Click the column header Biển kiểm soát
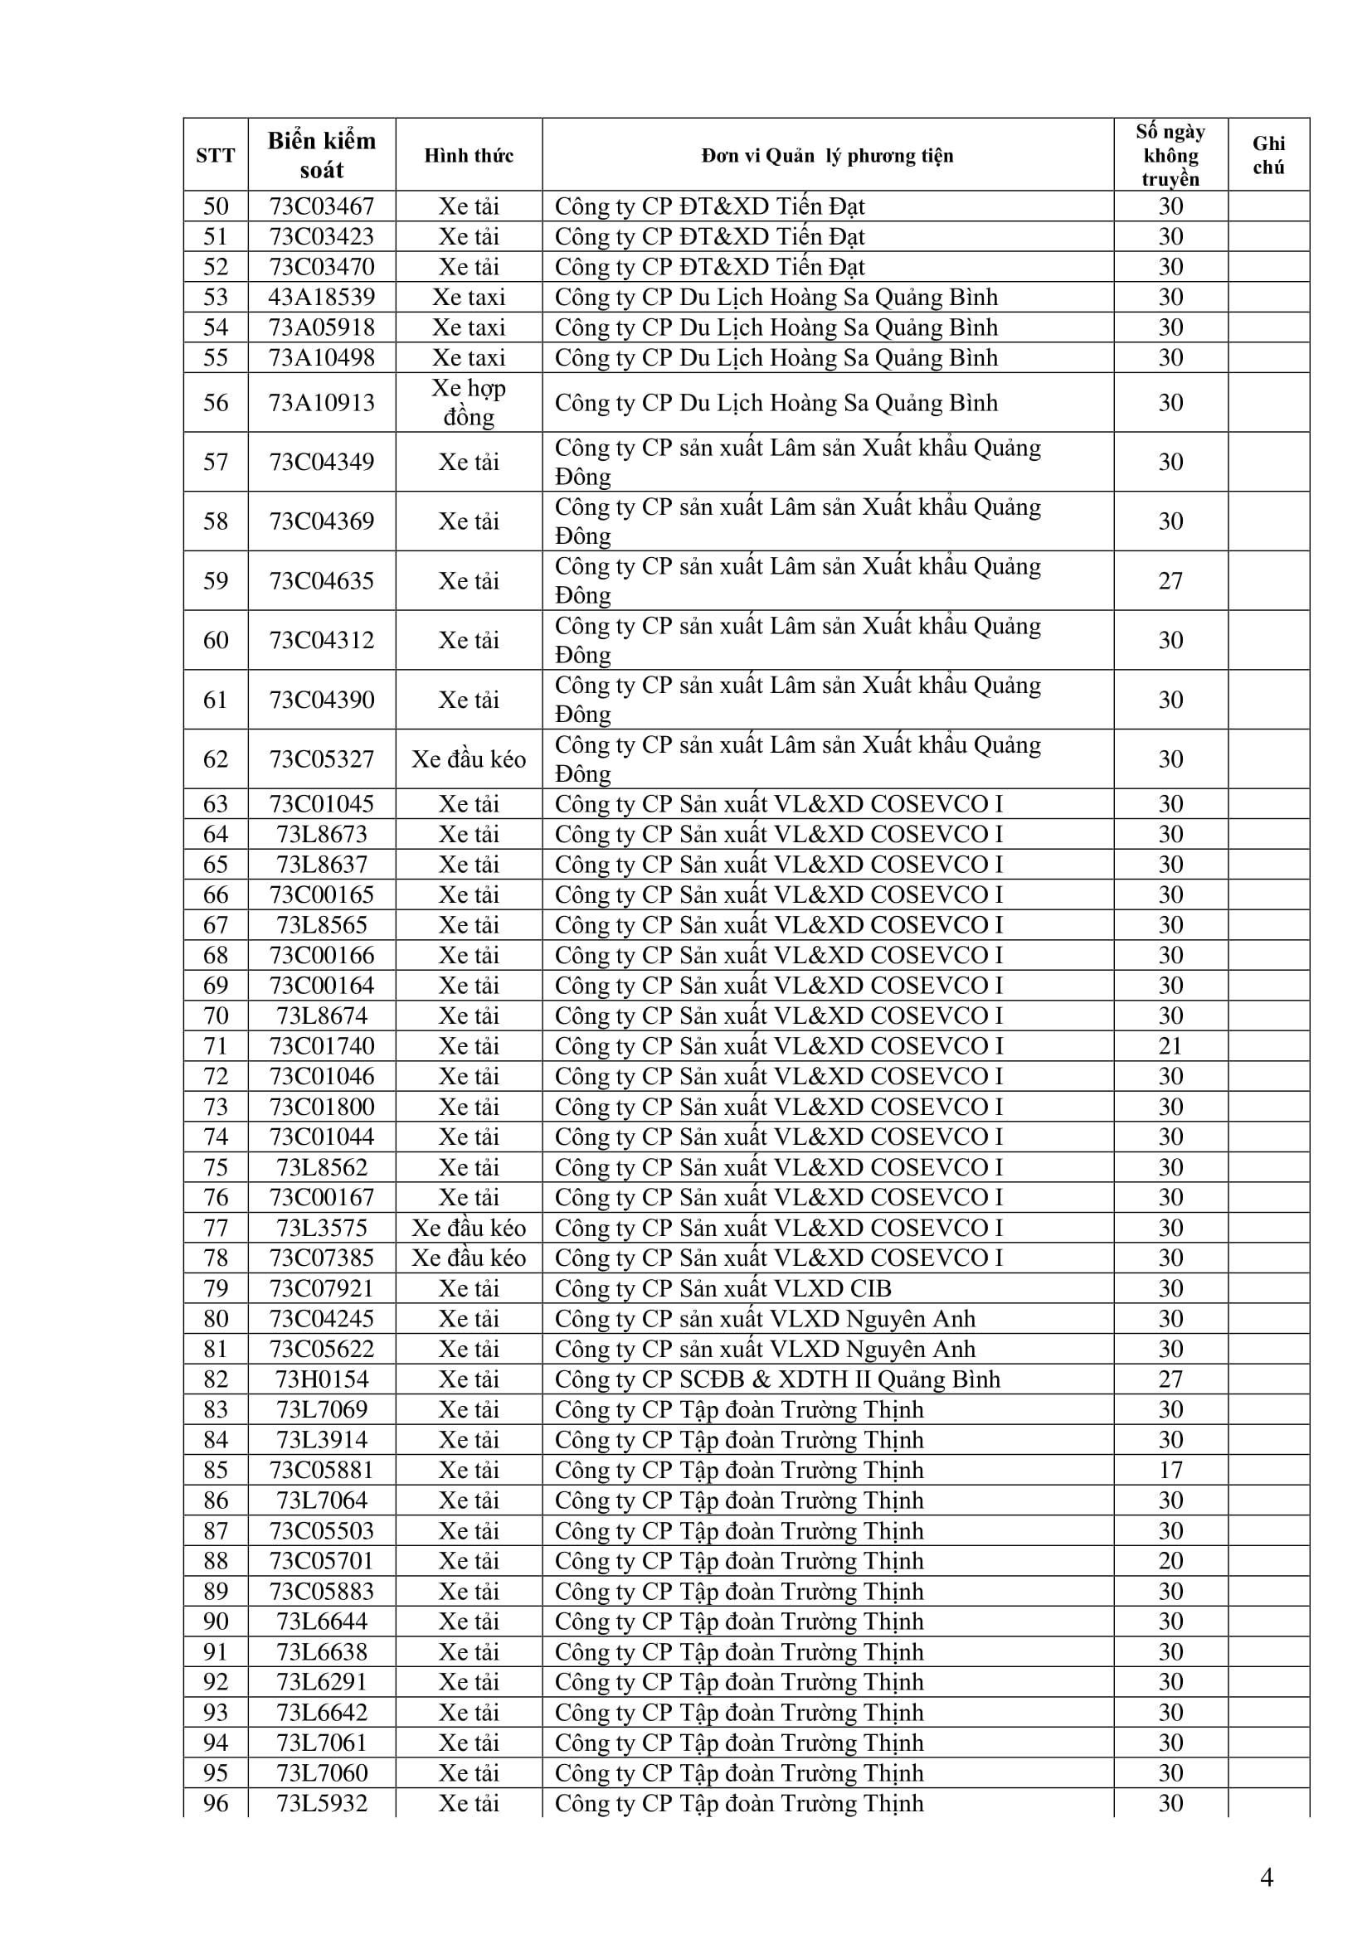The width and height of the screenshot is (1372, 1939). point(321,154)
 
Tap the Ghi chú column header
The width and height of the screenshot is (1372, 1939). point(1268,154)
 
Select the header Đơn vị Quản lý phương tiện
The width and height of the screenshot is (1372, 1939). point(827,155)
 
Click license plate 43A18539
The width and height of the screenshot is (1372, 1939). point(321,298)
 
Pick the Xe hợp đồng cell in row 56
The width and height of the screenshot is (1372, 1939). point(469,402)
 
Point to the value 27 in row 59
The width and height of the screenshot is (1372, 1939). point(1170,581)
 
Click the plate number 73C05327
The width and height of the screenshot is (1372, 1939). point(321,759)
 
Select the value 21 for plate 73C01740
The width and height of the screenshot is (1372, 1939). point(1170,1046)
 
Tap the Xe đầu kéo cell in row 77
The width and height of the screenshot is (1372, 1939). point(469,1228)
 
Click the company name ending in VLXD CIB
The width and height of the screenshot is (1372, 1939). point(723,1289)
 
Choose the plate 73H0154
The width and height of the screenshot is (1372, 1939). point(321,1379)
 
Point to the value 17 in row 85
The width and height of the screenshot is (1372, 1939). point(1170,1471)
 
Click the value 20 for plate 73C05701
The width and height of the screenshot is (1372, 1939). point(1170,1561)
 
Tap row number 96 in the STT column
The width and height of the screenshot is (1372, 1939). point(216,1804)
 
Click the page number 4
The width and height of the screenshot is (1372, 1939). point(1266,1878)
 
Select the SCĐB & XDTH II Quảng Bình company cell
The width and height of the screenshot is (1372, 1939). point(777,1379)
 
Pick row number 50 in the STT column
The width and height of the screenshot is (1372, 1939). point(216,206)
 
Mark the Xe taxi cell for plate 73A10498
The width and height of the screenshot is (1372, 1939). point(469,357)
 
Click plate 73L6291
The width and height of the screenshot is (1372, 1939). point(321,1682)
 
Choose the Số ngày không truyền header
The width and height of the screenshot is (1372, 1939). point(1170,154)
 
